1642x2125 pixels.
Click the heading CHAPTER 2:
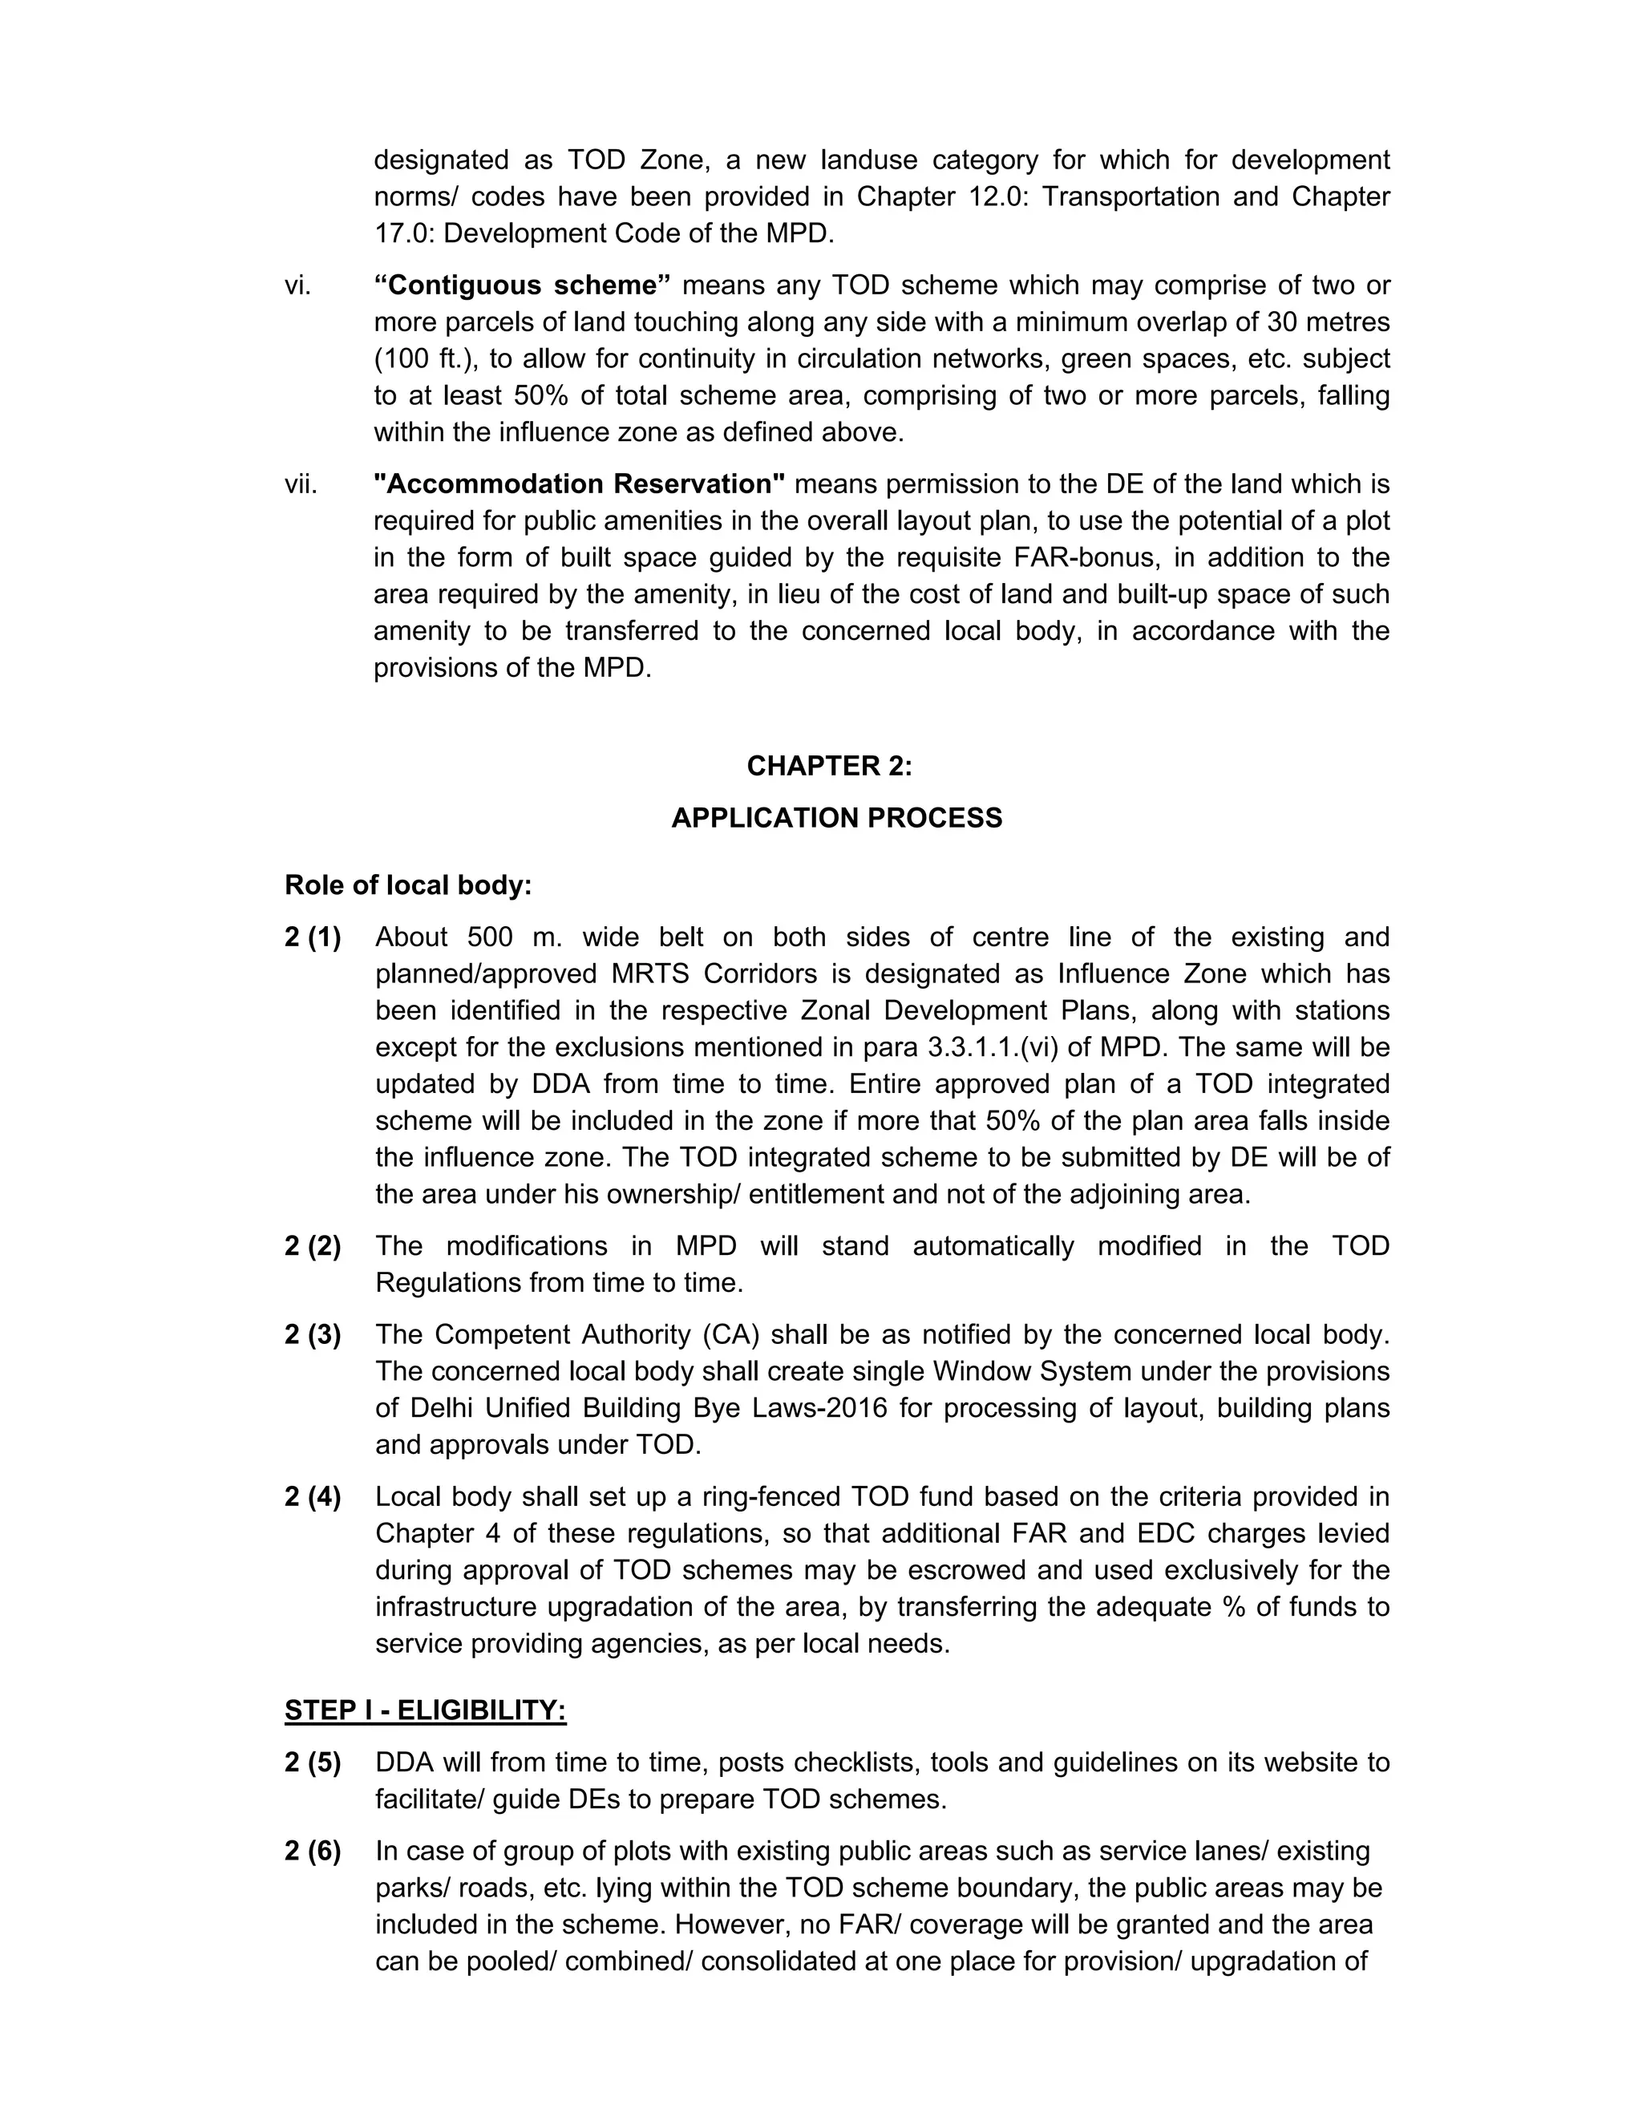click(829, 767)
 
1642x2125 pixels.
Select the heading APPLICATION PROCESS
click(835, 818)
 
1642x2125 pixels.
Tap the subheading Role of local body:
click(407, 885)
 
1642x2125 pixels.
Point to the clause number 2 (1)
click(312, 937)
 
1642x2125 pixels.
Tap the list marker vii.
click(301, 484)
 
